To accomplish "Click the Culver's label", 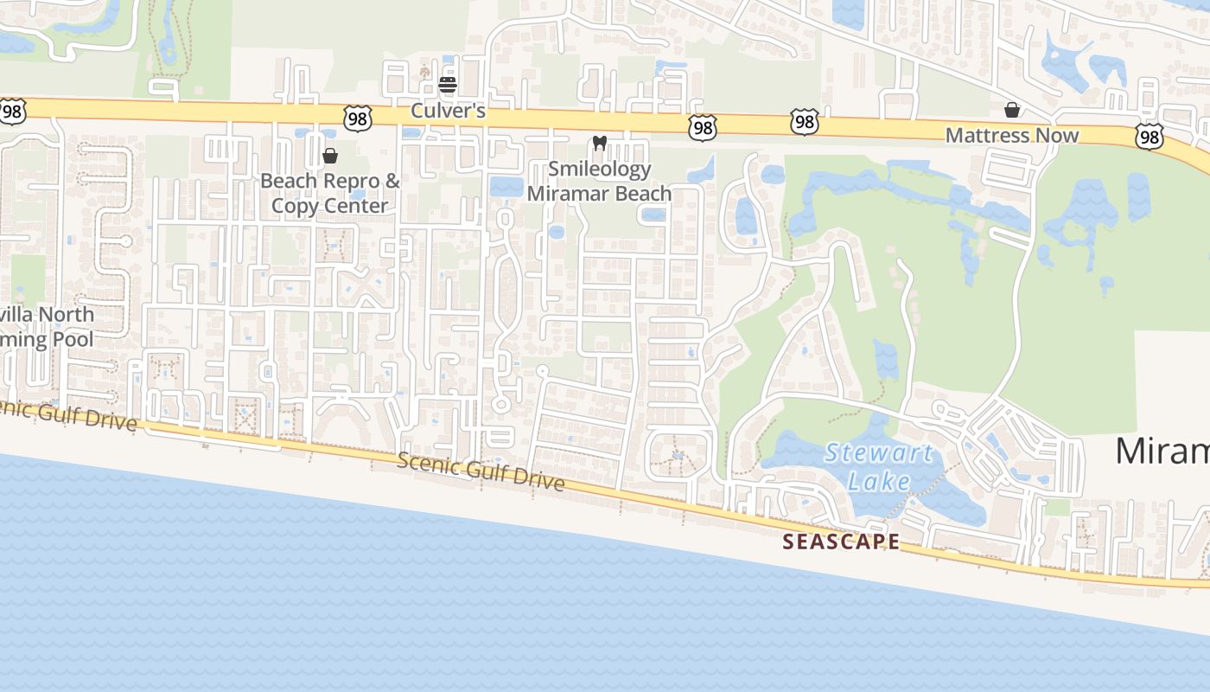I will (x=448, y=111).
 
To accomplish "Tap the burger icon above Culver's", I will (x=448, y=85).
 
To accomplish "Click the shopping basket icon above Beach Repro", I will (x=329, y=156).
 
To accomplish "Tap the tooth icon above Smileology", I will (x=599, y=143).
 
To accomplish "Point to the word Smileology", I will (x=599, y=169).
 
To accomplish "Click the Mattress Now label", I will (x=1012, y=135).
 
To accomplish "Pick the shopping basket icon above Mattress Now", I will (x=1012, y=110).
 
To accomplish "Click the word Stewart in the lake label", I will (x=878, y=452).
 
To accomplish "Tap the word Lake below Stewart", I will (x=878, y=481).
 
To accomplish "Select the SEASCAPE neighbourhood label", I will (x=841, y=541).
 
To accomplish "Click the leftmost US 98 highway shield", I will (x=12, y=110).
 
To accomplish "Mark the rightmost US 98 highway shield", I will (x=1149, y=136).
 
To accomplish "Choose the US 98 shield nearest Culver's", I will (x=357, y=119).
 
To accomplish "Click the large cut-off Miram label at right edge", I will (x=1162, y=451).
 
